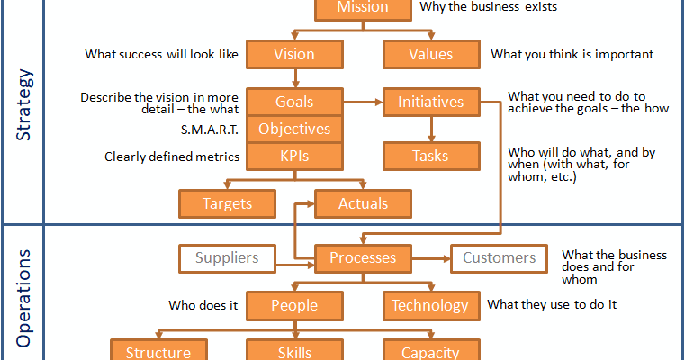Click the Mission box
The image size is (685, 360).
tap(363, 8)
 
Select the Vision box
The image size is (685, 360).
tap(294, 54)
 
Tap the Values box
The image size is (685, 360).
tap(431, 54)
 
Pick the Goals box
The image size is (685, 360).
tap(294, 102)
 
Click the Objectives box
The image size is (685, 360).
tap(294, 129)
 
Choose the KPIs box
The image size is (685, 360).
tap(294, 156)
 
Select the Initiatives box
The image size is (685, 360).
tap(431, 102)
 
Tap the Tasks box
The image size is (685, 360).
tap(431, 156)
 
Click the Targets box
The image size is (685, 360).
tap(227, 203)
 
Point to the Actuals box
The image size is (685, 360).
tap(363, 203)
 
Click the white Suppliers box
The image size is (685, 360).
tap(227, 258)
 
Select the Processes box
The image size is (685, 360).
tap(363, 258)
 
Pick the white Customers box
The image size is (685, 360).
tap(499, 258)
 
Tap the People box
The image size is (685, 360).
tap(294, 306)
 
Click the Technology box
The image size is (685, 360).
tap(431, 306)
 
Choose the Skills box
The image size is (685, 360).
tap(294, 351)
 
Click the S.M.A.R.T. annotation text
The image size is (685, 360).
tap(210, 130)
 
